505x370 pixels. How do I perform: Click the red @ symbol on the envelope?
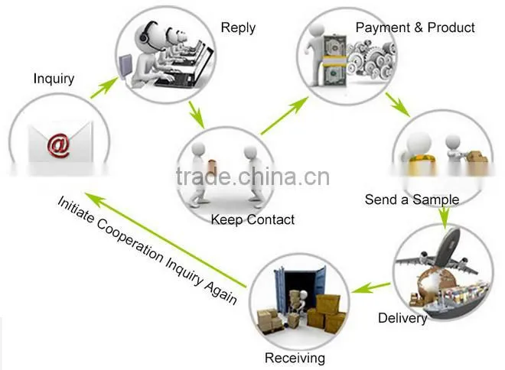click(x=59, y=146)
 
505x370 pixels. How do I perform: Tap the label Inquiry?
click(x=54, y=79)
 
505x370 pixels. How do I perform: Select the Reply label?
click(x=238, y=28)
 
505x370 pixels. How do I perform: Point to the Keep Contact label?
click(x=252, y=219)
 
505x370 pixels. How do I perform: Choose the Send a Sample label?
click(x=412, y=200)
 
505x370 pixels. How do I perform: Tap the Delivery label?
click(x=402, y=318)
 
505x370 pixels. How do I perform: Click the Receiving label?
click(x=295, y=358)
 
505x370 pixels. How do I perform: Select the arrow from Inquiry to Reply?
click(x=104, y=87)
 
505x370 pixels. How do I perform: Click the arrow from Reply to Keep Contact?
click(x=196, y=115)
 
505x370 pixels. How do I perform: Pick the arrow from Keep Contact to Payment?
click(x=284, y=115)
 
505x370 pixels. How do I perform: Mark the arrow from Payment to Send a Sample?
click(x=398, y=105)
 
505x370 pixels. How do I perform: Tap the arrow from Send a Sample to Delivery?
click(x=445, y=218)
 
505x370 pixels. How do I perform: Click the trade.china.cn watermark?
click(x=252, y=177)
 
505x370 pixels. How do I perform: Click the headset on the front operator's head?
click(x=145, y=34)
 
